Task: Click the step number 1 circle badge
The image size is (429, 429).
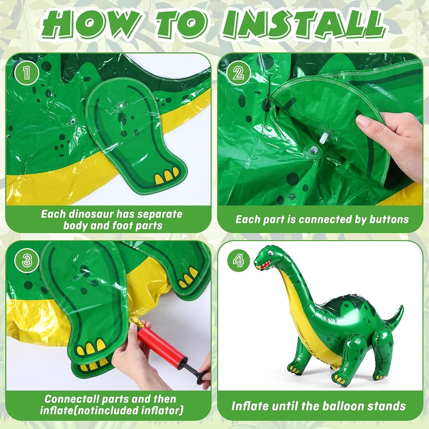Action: [27, 73]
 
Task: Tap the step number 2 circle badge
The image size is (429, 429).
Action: [238, 73]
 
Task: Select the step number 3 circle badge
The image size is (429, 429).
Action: [27, 260]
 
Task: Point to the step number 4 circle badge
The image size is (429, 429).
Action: [238, 260]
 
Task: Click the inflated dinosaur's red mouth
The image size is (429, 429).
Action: [264, 265]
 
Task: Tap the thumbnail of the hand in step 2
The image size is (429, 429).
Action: [363, 121]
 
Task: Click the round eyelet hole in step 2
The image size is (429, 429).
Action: [312, 151]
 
